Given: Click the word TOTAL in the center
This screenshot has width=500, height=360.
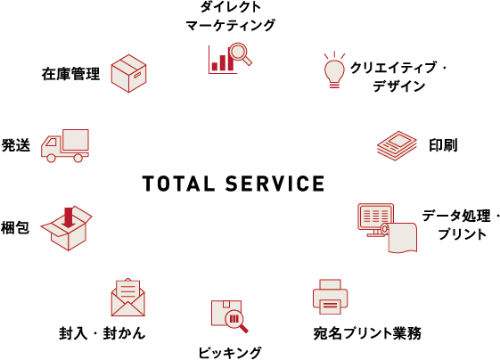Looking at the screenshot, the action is pyautogui.click(x=178, y=184).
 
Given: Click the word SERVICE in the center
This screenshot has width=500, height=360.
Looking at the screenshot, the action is pyautogui.click(x=275, y=184).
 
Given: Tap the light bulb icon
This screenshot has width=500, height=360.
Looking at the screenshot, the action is pyautogui.click(x=334, y=70).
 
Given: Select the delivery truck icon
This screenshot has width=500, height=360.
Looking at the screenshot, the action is pyautogui.click(x=65, y=145).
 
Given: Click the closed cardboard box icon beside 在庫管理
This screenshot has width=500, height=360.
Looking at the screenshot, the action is pyautogui.click(x=129, y=73).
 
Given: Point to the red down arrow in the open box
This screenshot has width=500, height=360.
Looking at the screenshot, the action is pyautogui.click(x=69, y=217).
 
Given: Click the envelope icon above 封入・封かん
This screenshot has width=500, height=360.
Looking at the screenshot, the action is pyautogui.click(x=127, y=298).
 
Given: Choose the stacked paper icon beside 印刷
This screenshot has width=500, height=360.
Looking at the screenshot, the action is pyautogui.click(x=397, y=145).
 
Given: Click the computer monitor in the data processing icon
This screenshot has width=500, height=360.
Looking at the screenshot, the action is pyautogui.click(x=375, y=218).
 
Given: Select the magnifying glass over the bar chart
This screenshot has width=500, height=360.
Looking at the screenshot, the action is pyautogui.click(x=241, y=53).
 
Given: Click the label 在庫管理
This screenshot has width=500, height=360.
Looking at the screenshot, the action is pyautogui.click(x=70, y=74).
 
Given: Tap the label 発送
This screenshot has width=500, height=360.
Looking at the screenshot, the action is pyautogui.click(x=16, y=145).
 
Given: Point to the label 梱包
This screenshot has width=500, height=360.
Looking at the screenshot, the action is pyautogui.click(x=15, y=227).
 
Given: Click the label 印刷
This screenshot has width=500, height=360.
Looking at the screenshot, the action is pyautogui.click(x=443, y=145).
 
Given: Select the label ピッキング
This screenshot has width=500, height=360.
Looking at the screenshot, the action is pyautogui.click(x=230, y=352).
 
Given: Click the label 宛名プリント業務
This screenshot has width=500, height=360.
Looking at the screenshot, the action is pyautogui.click(x=367, y=333).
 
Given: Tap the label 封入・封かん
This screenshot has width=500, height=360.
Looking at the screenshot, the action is pyautogui.click(x=102, y=333).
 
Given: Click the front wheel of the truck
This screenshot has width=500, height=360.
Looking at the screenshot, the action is pyautogui.click(x=51, y=158).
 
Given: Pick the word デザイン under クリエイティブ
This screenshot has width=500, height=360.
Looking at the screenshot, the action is pyautogui.click(x=399, y=86).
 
